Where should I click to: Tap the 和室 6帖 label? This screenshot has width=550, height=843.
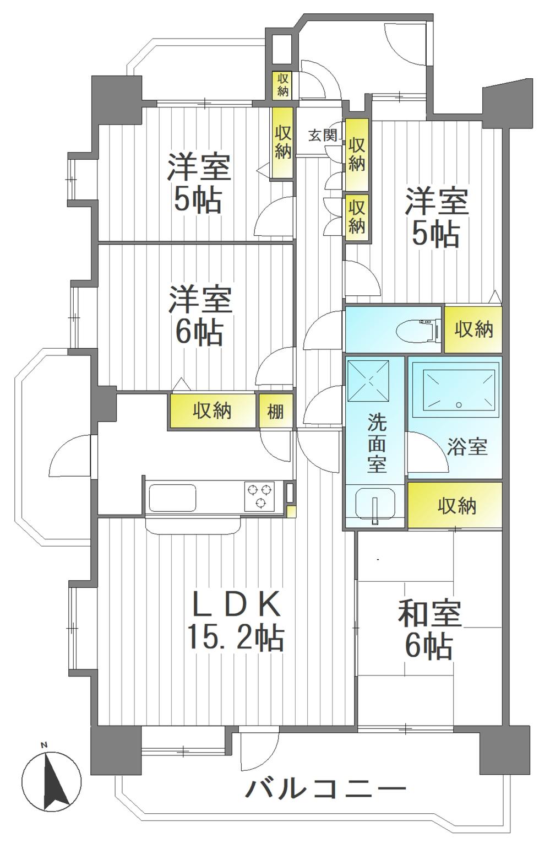[x=429, y=629]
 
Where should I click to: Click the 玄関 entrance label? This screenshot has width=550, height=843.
[x=322, y=135]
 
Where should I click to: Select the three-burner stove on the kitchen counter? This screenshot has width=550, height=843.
[x=259, y=495]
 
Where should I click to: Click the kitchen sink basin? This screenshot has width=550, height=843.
[x=172, y=498]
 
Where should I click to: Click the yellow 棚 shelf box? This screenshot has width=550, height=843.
[x=276, y=410]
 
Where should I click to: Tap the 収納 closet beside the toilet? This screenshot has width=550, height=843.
[x=473, y=329]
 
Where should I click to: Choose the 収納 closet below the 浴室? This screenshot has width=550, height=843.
[x=456, y=505]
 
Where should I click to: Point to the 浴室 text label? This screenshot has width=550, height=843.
[x=467, y=446]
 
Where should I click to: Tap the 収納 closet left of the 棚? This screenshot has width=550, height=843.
[x=213, y=410]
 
